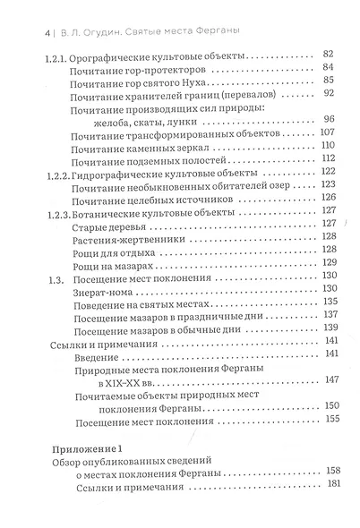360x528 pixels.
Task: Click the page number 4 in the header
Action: tap(21, 33)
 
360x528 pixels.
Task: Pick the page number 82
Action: tap(327, 55)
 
